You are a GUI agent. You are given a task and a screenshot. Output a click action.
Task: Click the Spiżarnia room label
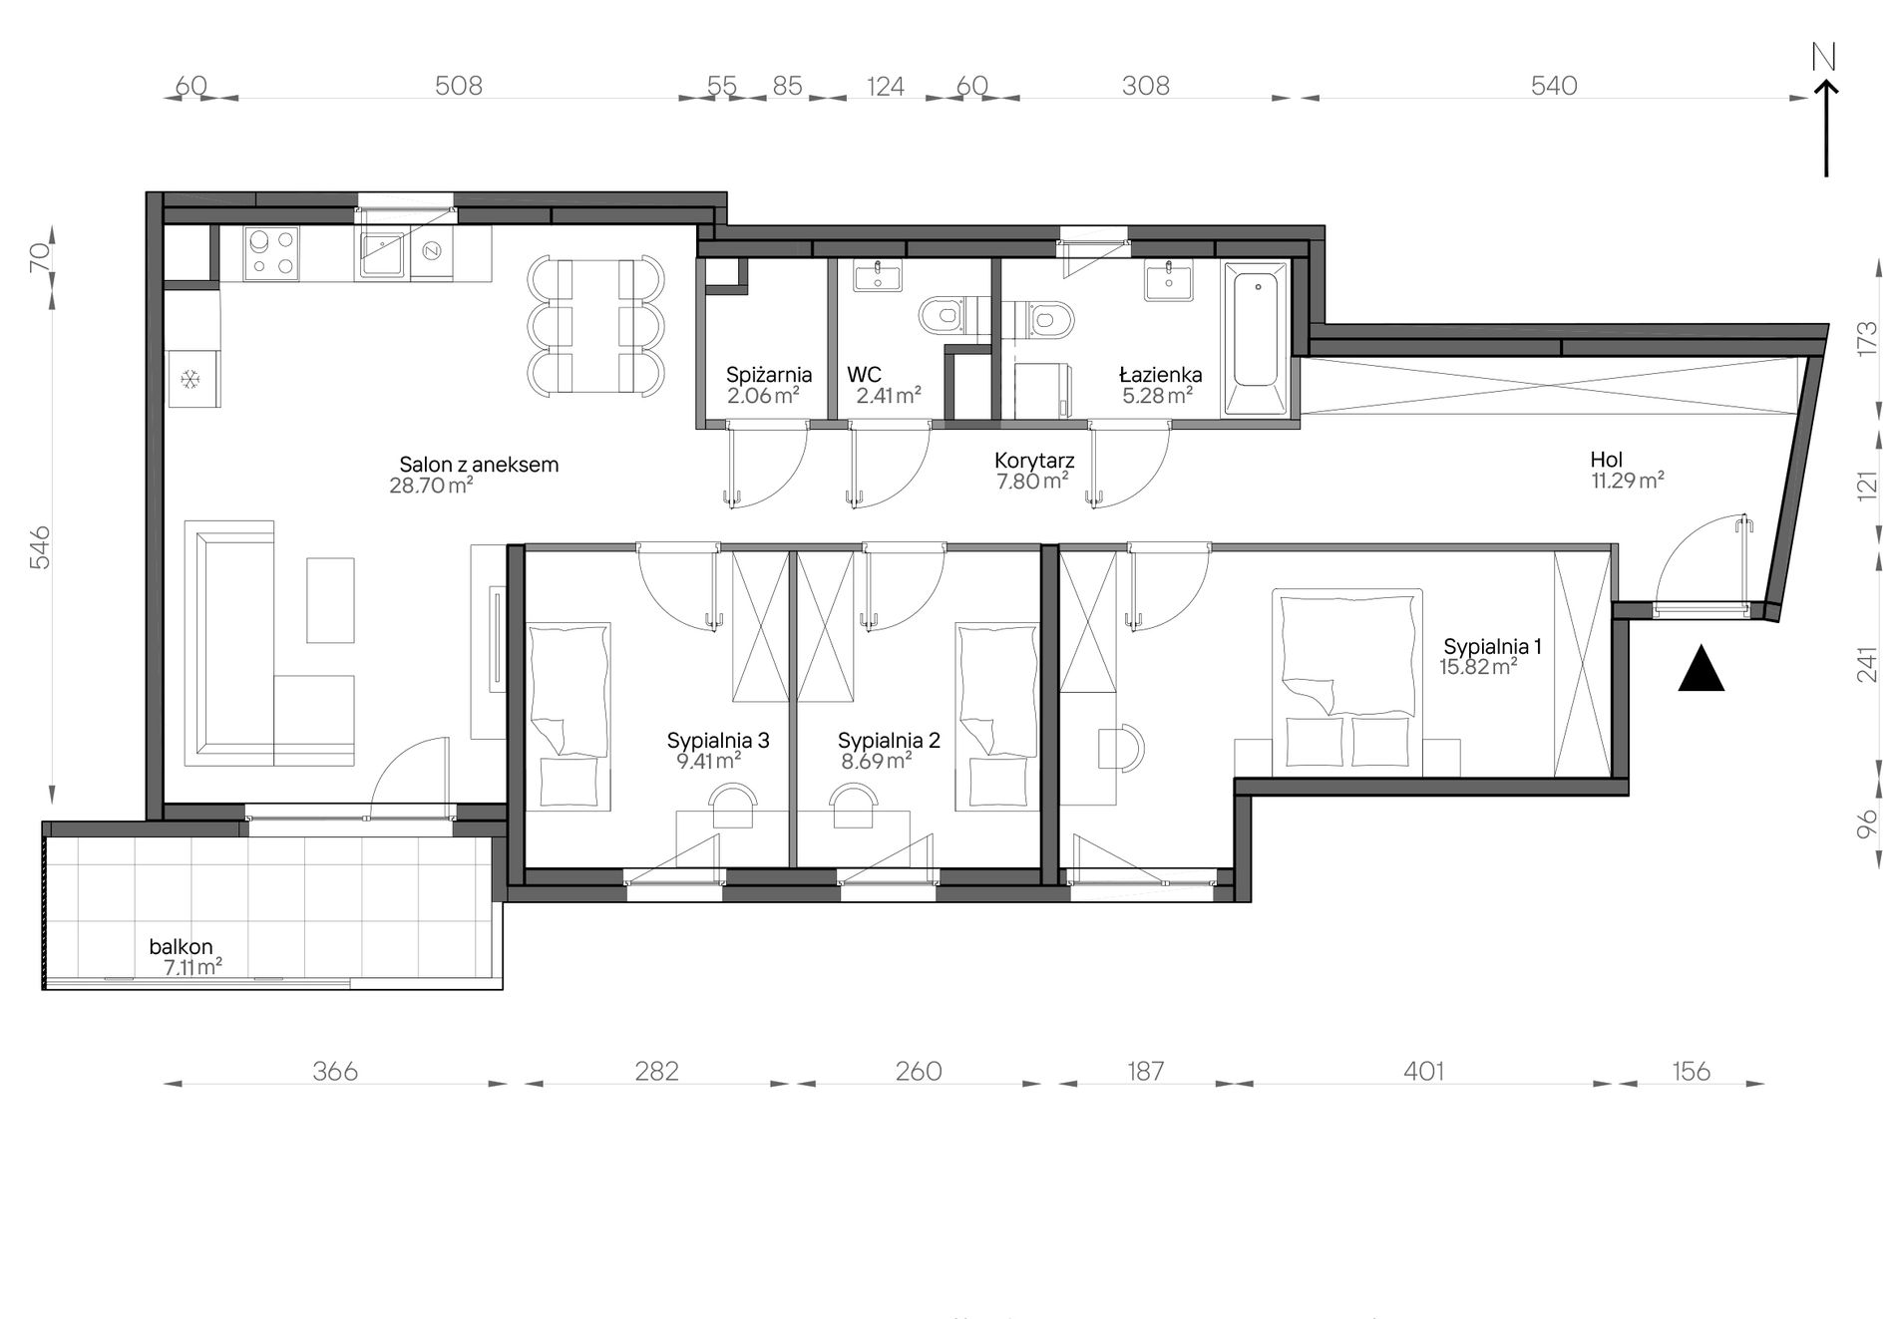769,375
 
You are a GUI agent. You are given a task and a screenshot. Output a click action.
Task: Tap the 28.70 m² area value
431,486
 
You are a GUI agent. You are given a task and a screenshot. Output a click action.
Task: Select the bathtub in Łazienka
1256,338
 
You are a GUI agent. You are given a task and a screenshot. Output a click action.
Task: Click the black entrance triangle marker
1702,668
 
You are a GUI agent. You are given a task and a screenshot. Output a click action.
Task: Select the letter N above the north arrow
1824,58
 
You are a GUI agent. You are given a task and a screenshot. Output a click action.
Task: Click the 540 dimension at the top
1554,86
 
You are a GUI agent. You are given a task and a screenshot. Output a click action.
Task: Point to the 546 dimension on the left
40,547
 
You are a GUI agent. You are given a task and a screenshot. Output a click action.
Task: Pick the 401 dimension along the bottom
1423,1071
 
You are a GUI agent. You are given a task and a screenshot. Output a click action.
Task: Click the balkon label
181,947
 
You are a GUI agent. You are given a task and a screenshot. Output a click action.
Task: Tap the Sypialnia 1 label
1492,646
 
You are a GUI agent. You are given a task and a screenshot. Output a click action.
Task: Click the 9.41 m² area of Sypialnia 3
708,762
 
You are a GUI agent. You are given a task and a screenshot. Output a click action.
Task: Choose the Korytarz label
1034,461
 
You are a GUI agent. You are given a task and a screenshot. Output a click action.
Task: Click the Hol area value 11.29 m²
1628,481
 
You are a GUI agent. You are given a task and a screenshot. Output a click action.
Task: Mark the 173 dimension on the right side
1868,337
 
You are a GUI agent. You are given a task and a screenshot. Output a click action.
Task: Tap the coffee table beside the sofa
330,600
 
